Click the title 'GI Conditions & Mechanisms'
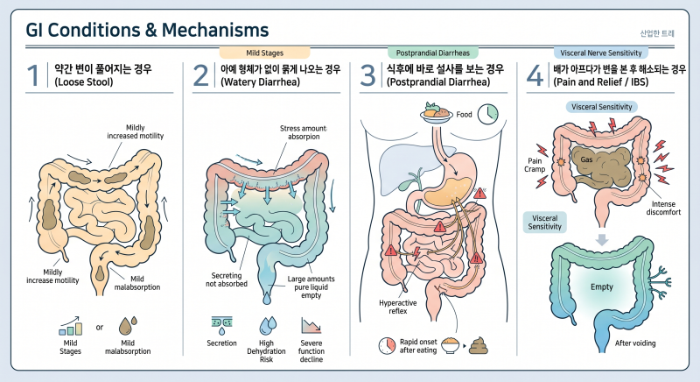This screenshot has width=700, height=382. [147, 30]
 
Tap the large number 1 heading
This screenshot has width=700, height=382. [32, 75]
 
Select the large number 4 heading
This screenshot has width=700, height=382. [535, 75]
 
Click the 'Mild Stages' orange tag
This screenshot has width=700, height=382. [265, 53]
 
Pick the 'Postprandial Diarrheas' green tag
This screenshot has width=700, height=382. [432, 53]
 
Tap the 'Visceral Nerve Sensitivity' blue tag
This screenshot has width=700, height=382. [600, 53]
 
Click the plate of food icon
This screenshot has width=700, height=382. [437, 114]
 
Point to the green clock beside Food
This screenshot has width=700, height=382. [488, 114]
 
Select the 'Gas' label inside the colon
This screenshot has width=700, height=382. [586, 159]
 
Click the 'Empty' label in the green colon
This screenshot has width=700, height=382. [602, 286]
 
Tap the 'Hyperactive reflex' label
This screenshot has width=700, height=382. [398, 307]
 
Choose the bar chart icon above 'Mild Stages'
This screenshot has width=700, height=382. [71, 326]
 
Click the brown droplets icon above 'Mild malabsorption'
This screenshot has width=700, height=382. [128, 326]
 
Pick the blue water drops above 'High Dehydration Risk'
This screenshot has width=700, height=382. [268, 326]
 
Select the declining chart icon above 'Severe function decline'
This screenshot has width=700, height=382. [311, 326]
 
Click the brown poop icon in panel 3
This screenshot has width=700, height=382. [478, 346]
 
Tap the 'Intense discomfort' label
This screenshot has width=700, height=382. [663, 209]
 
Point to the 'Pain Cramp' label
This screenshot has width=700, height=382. [535, 165]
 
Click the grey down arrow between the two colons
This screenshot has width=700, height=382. [602, 239]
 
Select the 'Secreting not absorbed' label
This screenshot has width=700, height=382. [227, 279]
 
